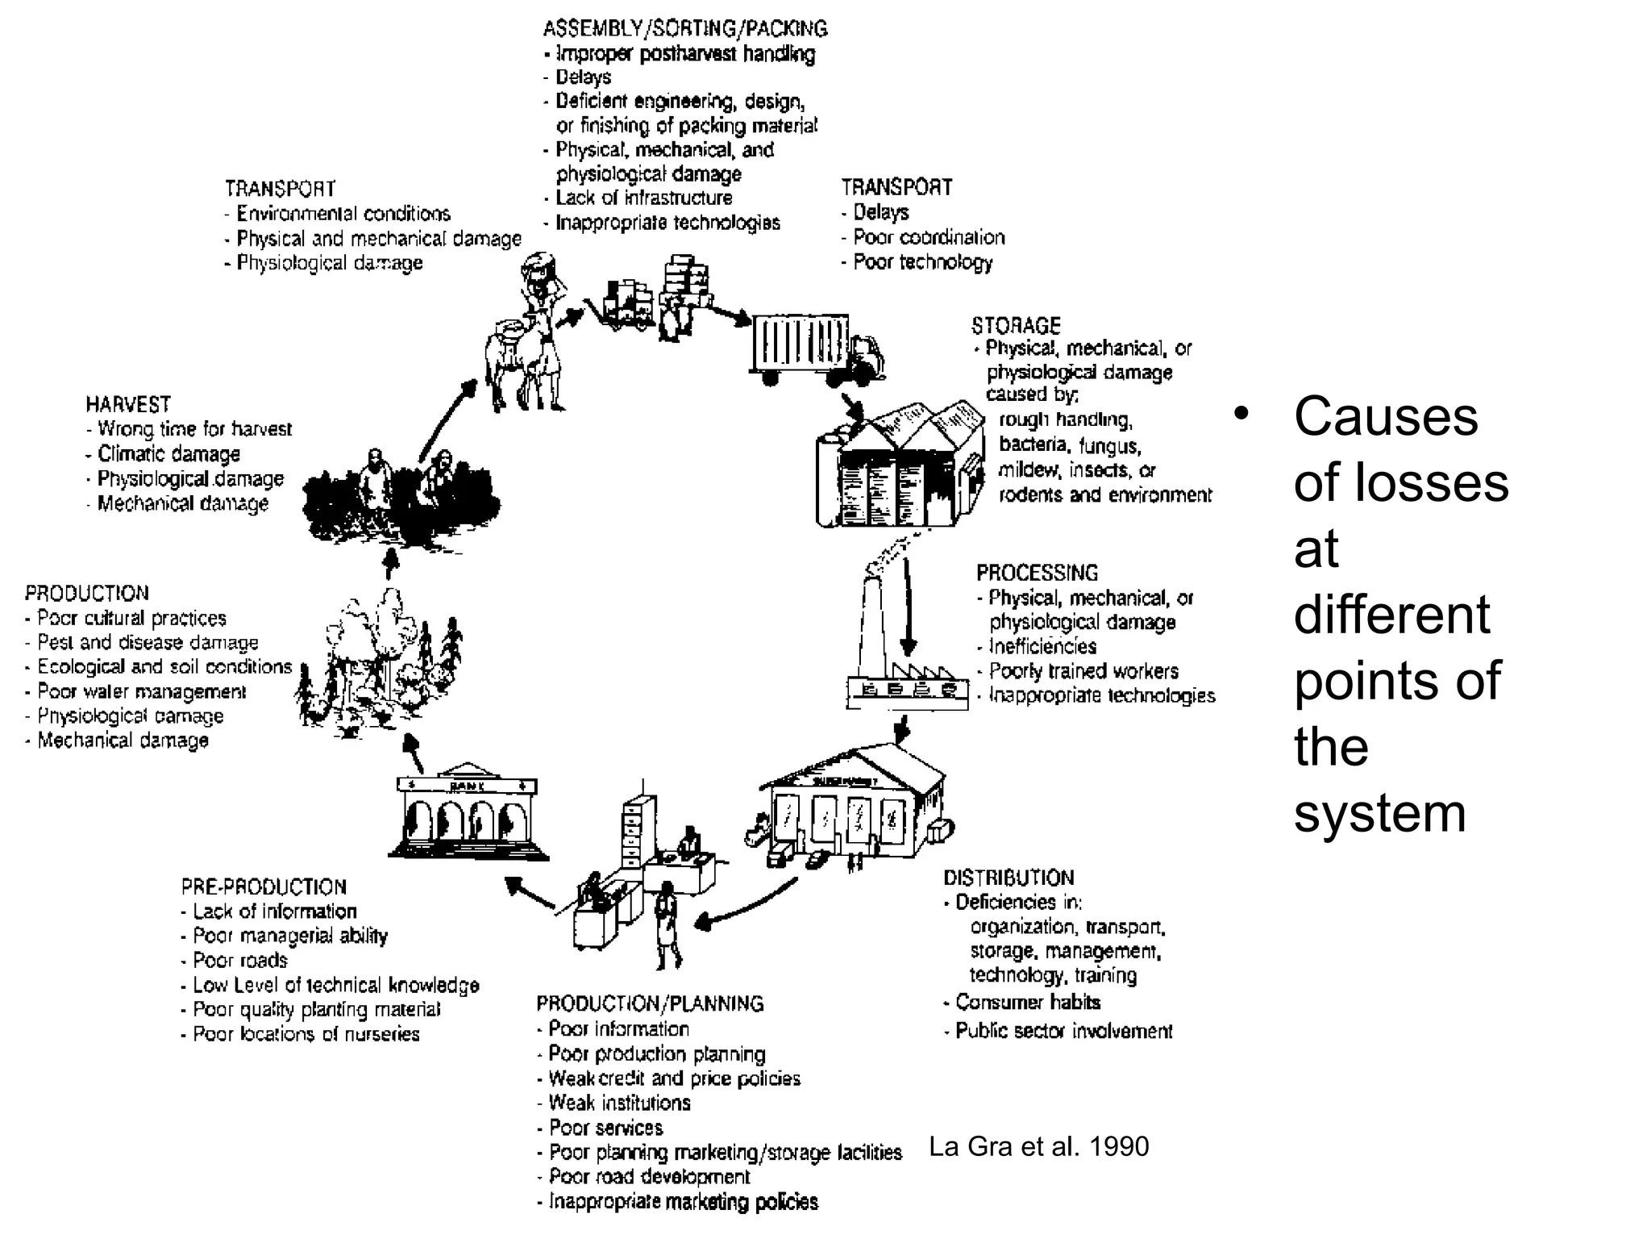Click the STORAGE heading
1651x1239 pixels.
pos(1015,326)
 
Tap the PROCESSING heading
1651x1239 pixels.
pos(1037,574)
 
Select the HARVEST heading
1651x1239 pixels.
pos(128,404)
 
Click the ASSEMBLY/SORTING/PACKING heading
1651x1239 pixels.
pos(685,29)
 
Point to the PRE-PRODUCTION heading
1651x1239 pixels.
pos(264,887)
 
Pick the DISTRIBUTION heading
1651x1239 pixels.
pos(1008,878)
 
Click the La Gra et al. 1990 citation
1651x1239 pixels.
pos(1038,1146)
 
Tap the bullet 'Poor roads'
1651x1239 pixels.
pos(239,961)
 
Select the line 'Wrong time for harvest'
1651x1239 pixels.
pos(193,429)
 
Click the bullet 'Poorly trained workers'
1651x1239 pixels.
pos(1083,671)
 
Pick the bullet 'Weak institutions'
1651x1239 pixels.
pos(619,1103)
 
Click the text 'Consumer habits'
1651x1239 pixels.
pos(1027,1003)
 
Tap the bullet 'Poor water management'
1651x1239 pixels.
pos(141,692)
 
